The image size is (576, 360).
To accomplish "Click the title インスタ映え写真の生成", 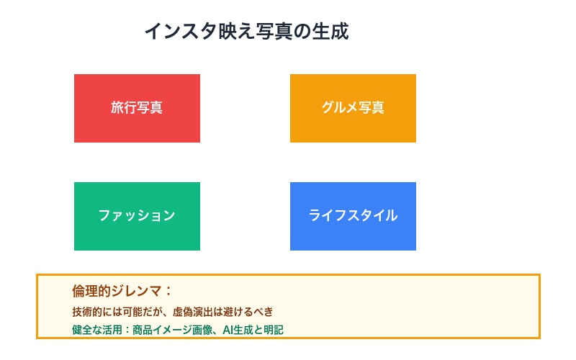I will tap(246, 32).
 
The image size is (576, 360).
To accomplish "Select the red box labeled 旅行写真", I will tap(137, 108).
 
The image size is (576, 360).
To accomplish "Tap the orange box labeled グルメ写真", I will tap(353, 108).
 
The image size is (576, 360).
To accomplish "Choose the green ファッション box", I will tap(137, 216).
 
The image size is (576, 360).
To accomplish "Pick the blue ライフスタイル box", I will tap(353, 216).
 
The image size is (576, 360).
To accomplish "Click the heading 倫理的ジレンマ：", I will tap(122, 291).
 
